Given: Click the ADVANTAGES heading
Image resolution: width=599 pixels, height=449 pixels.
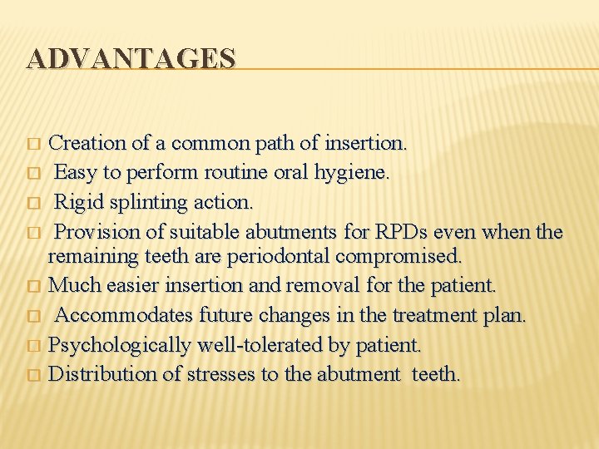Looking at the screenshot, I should click(131, 58).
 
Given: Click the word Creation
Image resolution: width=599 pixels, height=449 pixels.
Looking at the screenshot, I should click(88, 143).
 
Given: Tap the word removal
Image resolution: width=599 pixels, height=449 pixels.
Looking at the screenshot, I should click(323, 285).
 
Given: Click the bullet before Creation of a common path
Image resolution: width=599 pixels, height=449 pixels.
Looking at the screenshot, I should click(32, 145).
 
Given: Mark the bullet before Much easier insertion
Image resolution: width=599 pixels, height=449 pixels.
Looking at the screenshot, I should click(32, 287).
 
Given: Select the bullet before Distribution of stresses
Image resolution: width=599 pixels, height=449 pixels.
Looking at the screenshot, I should click(32, 376).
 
